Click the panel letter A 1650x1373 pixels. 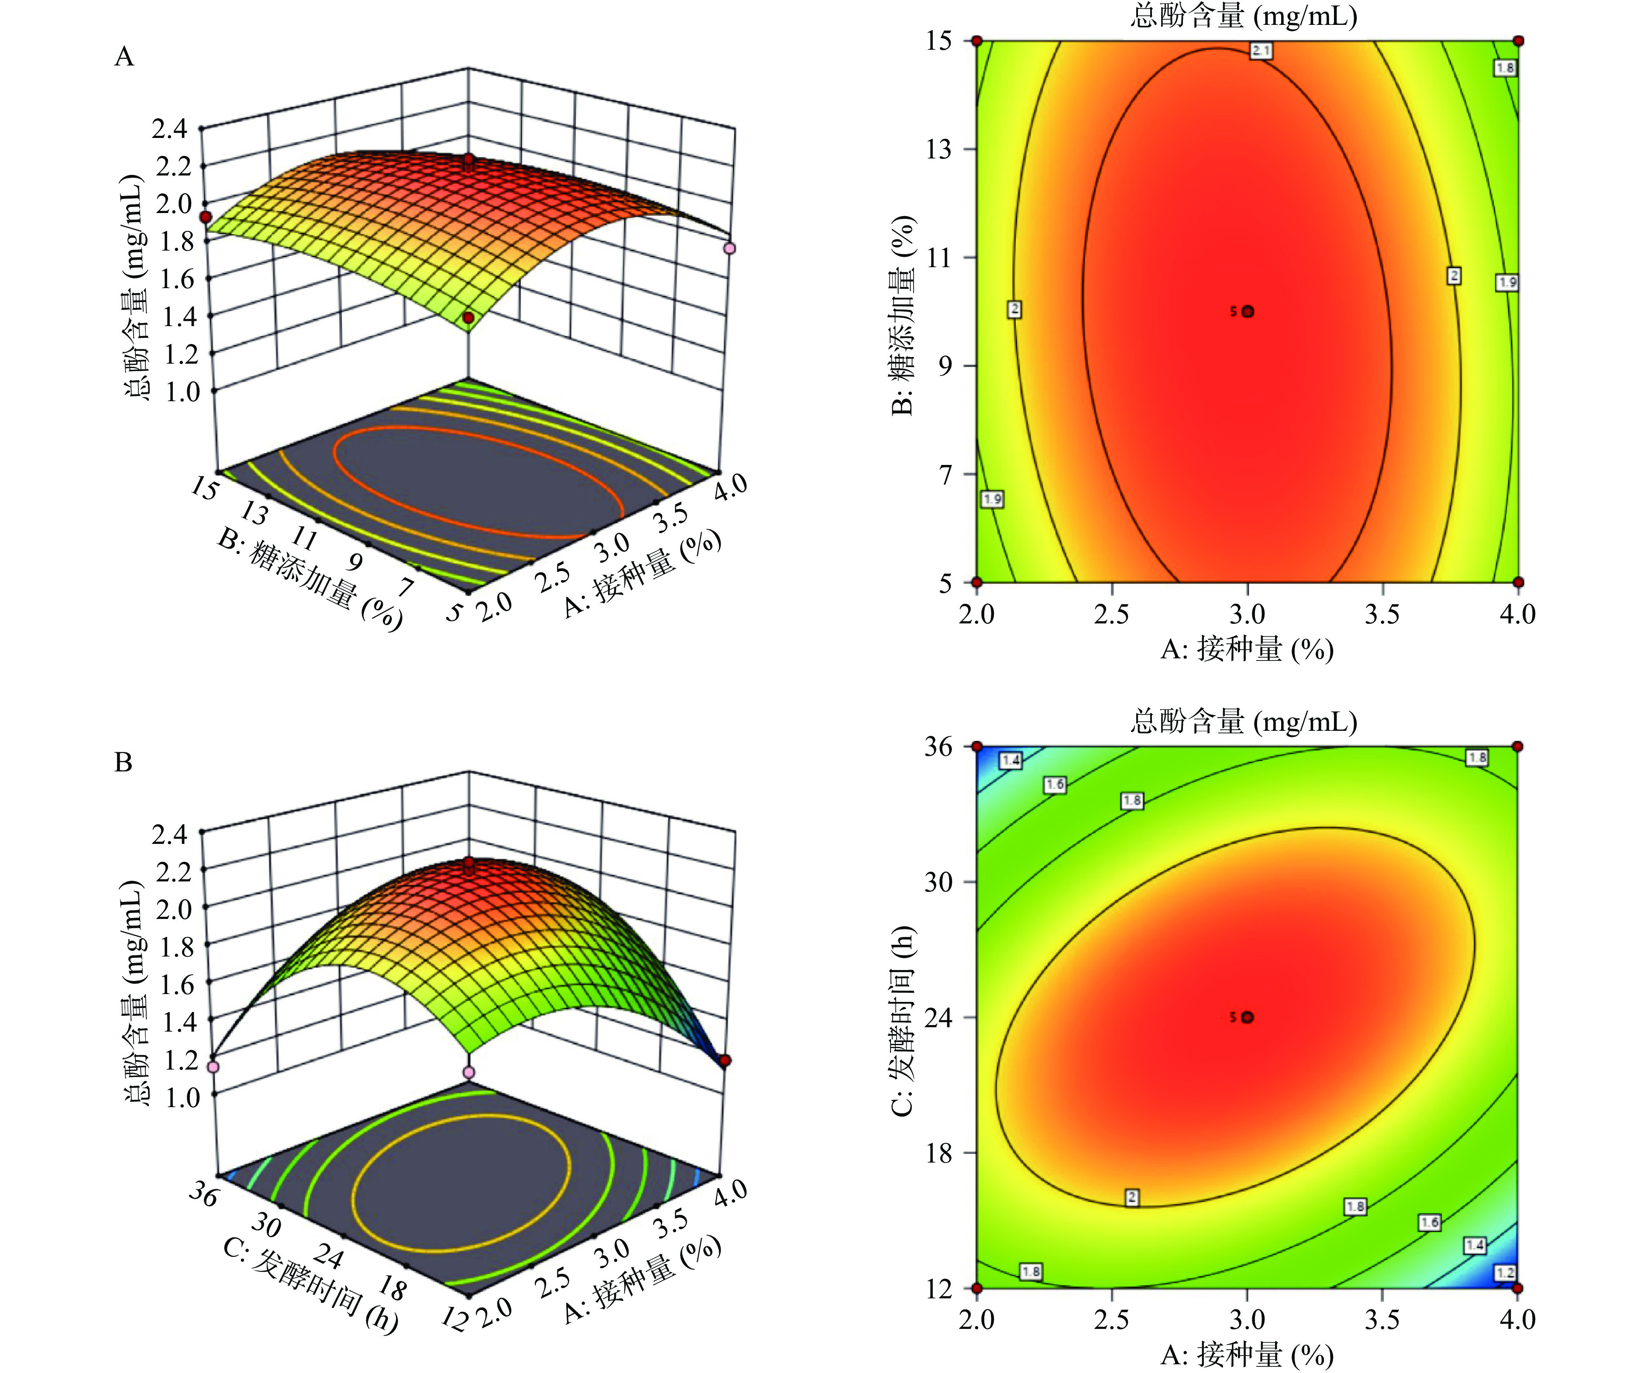[124, 57]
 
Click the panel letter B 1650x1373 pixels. [124, 762]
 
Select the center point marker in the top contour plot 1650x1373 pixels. [1248, 311]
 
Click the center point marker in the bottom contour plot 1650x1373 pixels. [1248, 1017]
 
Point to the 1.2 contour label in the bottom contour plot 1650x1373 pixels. [1506, 1273]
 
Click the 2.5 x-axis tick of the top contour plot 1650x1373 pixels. [1112, 614]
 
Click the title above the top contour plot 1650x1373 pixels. [1244, 16]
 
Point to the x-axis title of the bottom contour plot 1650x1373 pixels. [1247, 1354]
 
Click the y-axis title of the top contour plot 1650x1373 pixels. [904, 314]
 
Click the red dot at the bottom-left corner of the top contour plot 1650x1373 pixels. [977, 582]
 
